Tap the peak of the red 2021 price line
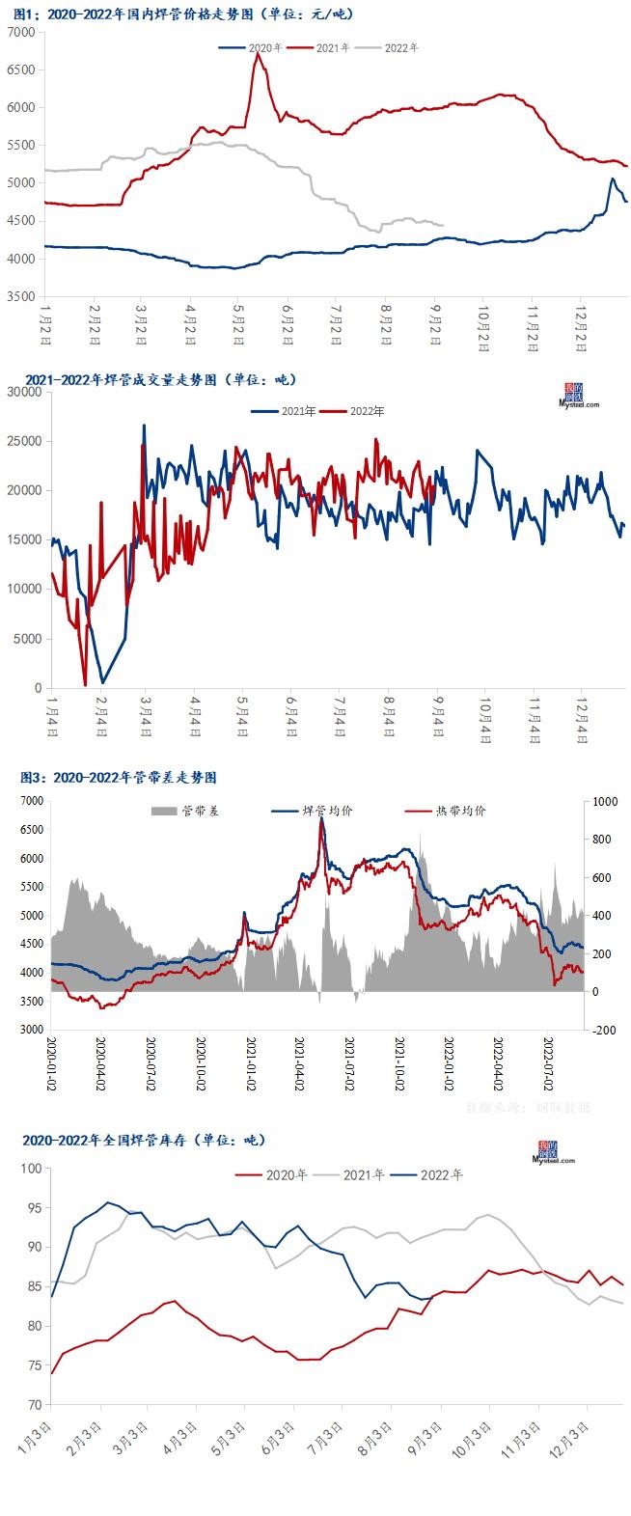click(x=257, y=54)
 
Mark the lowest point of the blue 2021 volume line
click(x=102, y=682)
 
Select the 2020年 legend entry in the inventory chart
click(x=287, y=1175)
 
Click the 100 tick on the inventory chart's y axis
click(x=31, y=1169)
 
